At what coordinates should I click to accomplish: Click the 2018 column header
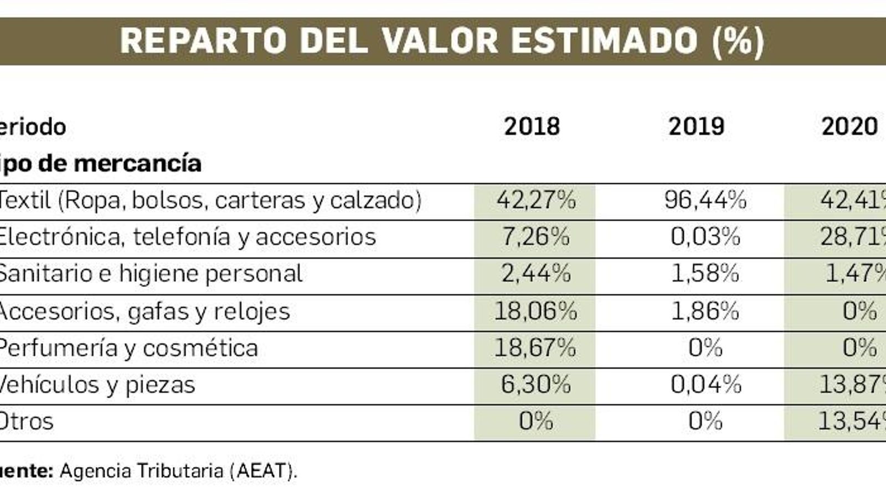532,127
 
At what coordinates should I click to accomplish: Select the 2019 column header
696,127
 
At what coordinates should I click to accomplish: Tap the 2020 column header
849,127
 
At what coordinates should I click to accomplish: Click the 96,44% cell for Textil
705,200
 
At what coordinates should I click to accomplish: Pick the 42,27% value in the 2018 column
535,200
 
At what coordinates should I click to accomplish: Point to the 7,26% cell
535,237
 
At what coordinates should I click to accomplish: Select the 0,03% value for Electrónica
705,237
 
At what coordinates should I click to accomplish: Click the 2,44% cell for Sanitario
535,274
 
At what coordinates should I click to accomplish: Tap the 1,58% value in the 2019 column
705,274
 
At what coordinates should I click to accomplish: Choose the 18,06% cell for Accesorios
535,311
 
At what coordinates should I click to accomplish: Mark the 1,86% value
705,311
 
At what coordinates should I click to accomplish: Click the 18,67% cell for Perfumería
535,348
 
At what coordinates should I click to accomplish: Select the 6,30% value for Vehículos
535,385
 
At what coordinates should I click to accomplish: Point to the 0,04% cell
705,385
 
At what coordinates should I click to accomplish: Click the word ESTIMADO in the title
604,41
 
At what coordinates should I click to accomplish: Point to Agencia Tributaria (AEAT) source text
178,471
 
